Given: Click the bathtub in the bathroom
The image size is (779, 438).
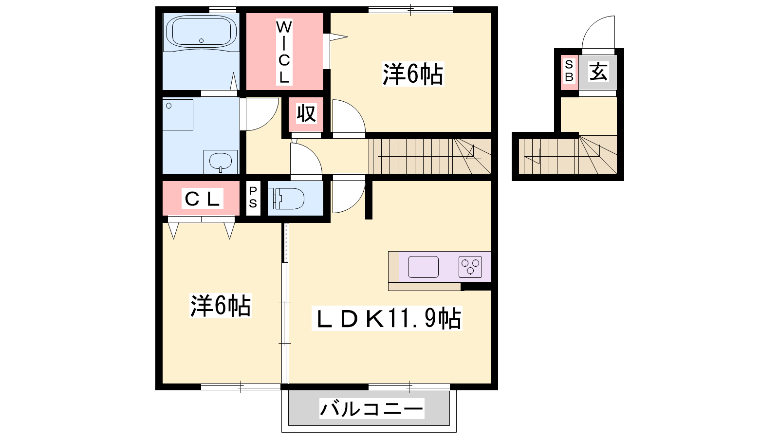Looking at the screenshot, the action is tap(202, 32).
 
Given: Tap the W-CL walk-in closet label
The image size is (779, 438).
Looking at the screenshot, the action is tap(284, 52).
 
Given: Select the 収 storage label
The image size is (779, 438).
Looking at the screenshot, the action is tap(306, 113).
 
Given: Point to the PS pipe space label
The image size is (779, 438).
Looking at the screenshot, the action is tap(253, 197).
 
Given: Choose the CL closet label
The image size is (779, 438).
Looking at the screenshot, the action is tap(202, 199).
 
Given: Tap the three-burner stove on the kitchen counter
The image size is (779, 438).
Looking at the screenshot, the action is tap(470, 267).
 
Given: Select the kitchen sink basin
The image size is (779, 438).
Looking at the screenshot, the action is tap(423, 267).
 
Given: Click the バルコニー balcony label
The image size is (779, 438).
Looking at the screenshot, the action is tap(372, 408).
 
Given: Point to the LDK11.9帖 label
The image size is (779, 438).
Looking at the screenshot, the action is tap(387, 318).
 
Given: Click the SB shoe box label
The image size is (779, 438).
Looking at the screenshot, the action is tap(569, 71).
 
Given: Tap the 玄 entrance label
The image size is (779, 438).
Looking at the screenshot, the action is tap(598, 72).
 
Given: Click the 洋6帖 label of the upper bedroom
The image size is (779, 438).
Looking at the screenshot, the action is tap(413, 73).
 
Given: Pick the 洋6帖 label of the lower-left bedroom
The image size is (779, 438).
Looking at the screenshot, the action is tap(221, 306).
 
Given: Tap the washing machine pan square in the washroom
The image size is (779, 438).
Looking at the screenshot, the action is tap(178, 115).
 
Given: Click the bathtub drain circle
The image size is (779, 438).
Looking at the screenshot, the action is tap(202, 41).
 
